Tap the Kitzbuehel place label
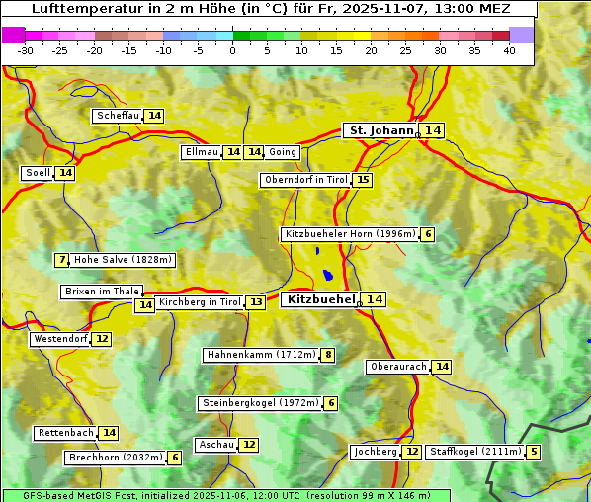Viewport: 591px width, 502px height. pyautogui.click(x=320, y=299)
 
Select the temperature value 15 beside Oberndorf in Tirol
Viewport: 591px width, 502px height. pyautogui.click(x=364, y=180)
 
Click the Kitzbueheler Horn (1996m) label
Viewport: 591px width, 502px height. pyautogui.click(x=349, y=234)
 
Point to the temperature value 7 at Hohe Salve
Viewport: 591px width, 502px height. pyautogui.click(x=62, y=260)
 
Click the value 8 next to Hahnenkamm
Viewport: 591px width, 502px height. pyautogui.click(x=328, y=355)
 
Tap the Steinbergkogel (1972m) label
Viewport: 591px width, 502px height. pyautogui.click(x=260, y=403)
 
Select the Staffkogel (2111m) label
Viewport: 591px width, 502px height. pyautogui.click(x=474, y=452)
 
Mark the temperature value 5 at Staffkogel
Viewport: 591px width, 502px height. pyautogui.click(x=534, y=452)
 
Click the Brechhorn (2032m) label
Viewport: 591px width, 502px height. pyautogui.click(x=115, y=458)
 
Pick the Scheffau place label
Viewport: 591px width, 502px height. pyautogui.click(x=118, y=116)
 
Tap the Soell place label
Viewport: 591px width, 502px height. pyautogui.click(x=38, y=173)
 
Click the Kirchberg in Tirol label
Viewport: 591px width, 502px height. pyautogui.click(x=199, y=302)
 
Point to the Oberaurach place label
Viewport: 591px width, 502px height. pyautogui.click(x=397, y=367)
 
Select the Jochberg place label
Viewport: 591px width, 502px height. pyautogui.click(x=376, y=452)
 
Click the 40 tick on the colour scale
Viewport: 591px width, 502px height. pyautogui.click(x=509, y=50)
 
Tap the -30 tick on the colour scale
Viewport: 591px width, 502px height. pyautogui.click(x=26, y=50)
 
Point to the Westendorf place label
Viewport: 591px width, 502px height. pyautogui.click(x=60, y=339)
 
